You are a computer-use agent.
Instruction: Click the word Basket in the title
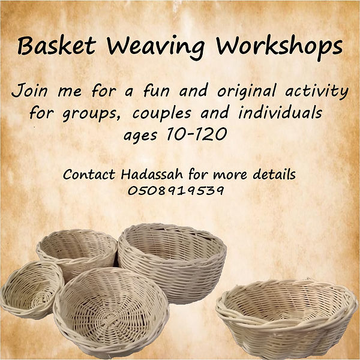(x=52, y=46)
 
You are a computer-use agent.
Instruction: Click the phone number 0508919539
(x=176, y=191)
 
